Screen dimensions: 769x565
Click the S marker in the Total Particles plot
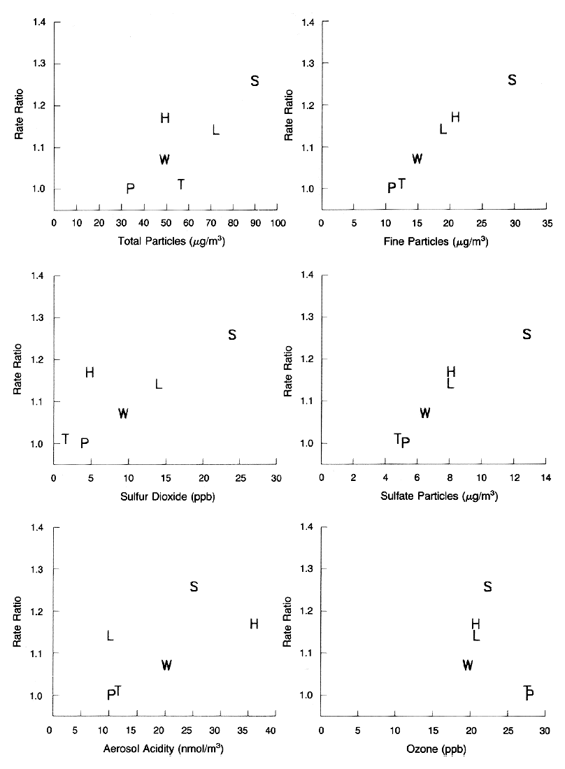255,80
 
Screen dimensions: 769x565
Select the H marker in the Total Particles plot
165,117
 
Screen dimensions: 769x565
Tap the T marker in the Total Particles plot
181,184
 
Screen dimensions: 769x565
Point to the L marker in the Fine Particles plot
443,129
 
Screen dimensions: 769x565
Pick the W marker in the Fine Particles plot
417,159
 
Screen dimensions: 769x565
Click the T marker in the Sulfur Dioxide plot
65,438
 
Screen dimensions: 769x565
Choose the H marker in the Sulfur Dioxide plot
90,373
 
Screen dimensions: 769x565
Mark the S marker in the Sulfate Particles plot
527,334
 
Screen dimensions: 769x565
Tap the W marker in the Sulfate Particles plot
424,412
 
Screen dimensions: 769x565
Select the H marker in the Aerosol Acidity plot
254,624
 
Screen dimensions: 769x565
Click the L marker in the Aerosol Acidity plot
110,635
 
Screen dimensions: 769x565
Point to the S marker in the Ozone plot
488,586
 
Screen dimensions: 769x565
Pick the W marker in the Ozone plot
469,665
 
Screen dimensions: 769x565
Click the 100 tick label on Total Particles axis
278,223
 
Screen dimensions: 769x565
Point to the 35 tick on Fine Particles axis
547,223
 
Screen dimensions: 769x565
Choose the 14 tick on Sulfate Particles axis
545,477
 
